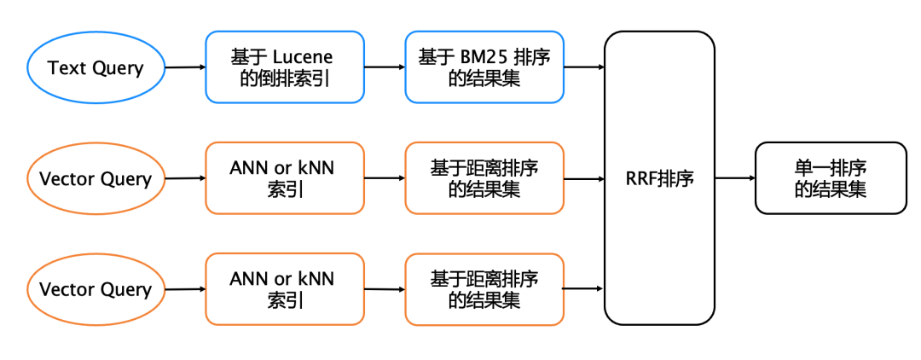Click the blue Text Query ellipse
click(96, 67)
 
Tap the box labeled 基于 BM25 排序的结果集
click(484, 67)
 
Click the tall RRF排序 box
click(659, 178)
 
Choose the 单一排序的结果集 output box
click(830, 178)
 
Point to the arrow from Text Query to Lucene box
click(185, 67)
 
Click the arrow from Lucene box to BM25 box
click(384, 67)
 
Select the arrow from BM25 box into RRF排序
click(583, 67)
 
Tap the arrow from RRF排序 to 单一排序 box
click(734, 178)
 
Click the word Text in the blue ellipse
click(65, 67)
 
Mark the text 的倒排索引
click(282, 78)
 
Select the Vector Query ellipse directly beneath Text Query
click(96, 178)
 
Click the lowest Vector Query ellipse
click(96, 289)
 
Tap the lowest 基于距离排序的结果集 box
click(484, 289)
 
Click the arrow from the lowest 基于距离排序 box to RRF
click(583, 289)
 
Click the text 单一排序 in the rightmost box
click(831, 168)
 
